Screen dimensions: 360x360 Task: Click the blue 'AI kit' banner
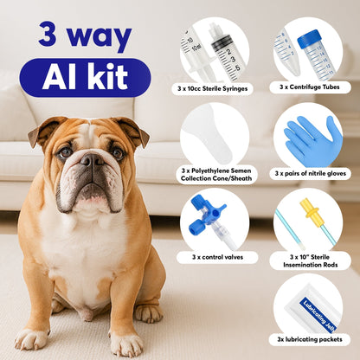pyautogui.click(x=84, y=77)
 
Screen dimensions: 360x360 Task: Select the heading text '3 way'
pyautogui.click(x=84, y=35)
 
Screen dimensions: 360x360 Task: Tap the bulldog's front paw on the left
pyautogui.click(x=31, y=338)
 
